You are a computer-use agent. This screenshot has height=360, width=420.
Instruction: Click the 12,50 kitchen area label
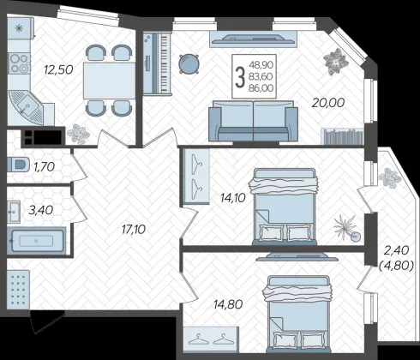click(x=58, y=69)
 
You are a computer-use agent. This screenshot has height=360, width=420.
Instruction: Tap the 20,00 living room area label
click(x=328, y=103)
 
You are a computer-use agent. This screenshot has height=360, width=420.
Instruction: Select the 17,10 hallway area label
click(x=134, y=229)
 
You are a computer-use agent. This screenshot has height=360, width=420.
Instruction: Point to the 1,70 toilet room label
click(x=44, y=167)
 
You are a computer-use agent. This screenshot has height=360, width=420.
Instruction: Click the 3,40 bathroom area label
click(x=41, y=210)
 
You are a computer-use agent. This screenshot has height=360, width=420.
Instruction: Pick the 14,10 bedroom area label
click(x=233, y=198)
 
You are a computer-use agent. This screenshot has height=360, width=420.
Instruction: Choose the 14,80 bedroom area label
click(x=228, y=304)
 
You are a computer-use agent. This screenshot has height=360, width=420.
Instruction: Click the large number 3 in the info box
click(x=240, y=76)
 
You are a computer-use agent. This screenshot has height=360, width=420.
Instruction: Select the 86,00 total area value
click(x=261, y=88)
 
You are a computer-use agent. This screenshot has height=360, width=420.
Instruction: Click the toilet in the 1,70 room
click(x=18, y=165)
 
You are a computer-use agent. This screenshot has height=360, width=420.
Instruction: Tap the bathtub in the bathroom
click(x=37, y=241)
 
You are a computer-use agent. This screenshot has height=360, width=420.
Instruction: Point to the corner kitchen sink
click(x=26, y=107)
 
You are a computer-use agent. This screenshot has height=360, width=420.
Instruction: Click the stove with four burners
click(x=19, y=63)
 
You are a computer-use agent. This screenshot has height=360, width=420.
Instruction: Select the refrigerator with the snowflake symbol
click(x=20, y=28)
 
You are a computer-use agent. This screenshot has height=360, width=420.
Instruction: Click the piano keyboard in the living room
click(x=157, y=63)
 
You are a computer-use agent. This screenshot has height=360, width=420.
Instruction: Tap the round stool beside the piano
click(x=189, y=63)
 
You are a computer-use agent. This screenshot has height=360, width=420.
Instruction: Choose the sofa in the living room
click(x=253, y=121)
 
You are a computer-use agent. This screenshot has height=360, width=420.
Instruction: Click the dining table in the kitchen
click(x=109, y=81)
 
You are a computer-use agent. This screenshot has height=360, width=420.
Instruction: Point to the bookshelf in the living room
click(x=342, y=136)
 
